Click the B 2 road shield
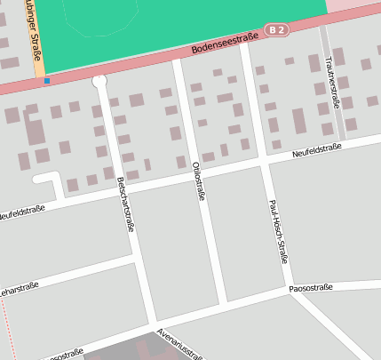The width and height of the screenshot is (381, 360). [x=277, y=30]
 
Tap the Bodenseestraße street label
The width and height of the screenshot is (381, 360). [x=223, y=43]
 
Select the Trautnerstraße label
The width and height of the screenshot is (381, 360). [x=331, y=82]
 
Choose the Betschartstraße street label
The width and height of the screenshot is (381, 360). [x=126, y=204]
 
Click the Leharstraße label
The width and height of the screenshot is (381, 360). [x=20, y=291]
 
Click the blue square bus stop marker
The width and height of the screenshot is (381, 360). [x=46, y=81]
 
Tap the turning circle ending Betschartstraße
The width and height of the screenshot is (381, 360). [x=99, y=82]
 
